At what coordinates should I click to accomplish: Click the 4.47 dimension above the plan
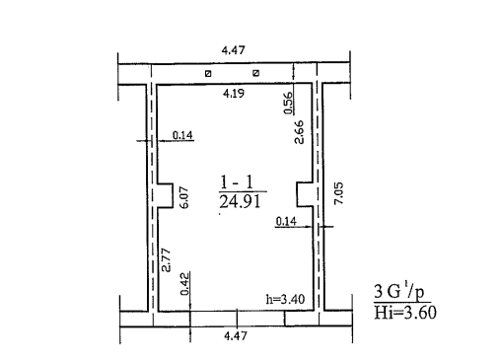point(234,50)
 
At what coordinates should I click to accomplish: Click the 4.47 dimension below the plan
point(236,336)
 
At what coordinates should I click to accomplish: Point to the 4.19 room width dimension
point(234,94)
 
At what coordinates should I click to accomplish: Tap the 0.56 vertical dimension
point(288,103)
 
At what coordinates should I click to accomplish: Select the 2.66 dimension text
point(299,132)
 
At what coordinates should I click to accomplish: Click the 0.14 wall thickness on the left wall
point(182,135)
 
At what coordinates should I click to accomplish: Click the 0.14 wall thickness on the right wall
point(286,221)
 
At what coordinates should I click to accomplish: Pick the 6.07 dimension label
point(184,197)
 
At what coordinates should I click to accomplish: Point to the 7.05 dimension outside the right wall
point(338,193)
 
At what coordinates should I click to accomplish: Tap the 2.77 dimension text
point(167,259)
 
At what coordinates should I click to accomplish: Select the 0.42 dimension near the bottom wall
point(185,283)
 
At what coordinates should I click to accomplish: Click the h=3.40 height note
point(285,299)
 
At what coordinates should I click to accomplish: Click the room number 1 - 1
point(237,182)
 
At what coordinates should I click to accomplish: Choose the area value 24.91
point(240,201)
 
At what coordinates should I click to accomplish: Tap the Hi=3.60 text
point(405,313)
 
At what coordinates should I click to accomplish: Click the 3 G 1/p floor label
point(399,291)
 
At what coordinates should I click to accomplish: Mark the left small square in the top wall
point(208,74)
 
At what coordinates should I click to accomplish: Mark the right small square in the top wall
point(255,73)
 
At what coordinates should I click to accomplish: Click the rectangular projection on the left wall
point(166,195)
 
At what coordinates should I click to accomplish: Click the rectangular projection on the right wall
point(305,194)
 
